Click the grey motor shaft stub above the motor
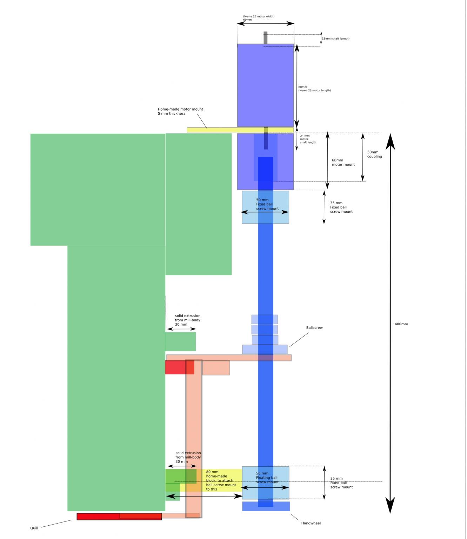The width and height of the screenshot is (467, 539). (266, 38)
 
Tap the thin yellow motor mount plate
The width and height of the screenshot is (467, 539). (241, 130)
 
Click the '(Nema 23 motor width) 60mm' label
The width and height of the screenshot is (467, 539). (259, 18)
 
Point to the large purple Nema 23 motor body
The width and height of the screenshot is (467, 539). (266, 85)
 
